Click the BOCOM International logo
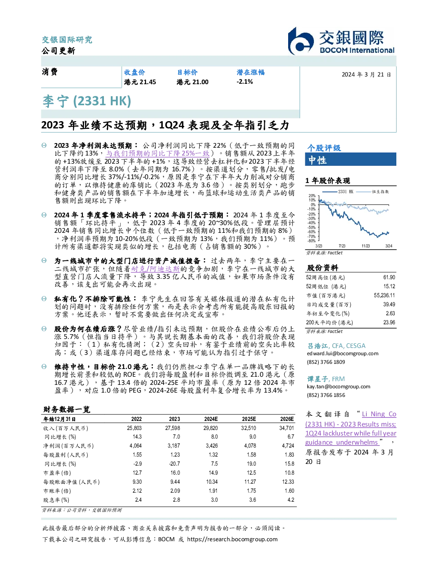(x=341, y=41)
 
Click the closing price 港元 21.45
(x=140, y=82)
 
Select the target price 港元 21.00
(x=192, y=82)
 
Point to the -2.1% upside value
(x=245, y=82)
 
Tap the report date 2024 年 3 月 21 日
(x=366, y=75)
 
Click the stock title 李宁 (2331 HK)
(x=87, y=101)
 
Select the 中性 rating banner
(x=350, y=159)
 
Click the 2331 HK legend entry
(x=338, y=192)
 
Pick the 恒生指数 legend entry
(x=373, y=192)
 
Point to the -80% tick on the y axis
(x=312, y=241)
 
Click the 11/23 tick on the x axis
(x=365, y=246)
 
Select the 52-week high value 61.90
(x=389, y=277)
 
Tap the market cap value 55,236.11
(x=384, y=296)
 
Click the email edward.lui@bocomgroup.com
(x=343, y=354)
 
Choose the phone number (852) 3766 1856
(x=326, y=395)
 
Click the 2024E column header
(x=211, y=419)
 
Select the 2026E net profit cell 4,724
(x=288, y=446)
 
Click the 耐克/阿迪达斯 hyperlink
(x=155, y=269)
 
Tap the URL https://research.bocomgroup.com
(x=232, y=539)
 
